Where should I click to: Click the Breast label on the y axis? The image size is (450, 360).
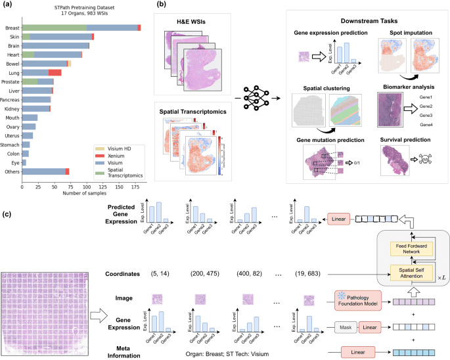click(x=12, y=28)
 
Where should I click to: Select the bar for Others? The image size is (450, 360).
click(x=45, y=171)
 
